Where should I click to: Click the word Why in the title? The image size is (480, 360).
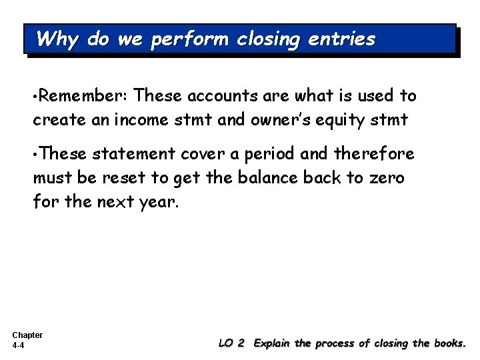[58, 39]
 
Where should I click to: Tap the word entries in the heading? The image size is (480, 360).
[342, 39]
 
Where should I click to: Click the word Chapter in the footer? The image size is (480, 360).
[27, 335]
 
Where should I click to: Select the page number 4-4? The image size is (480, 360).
[19, 346]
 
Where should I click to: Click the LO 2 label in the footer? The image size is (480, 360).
[232, 343]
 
